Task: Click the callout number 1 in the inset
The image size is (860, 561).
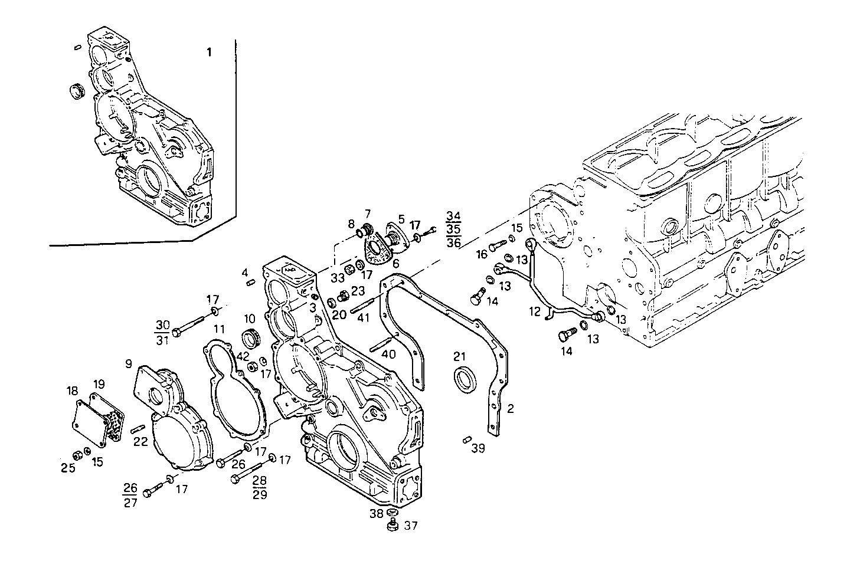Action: [x=208, y=53]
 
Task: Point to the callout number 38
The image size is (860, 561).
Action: [x=377, y=514]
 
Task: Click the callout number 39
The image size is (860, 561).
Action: [x=478, y=448]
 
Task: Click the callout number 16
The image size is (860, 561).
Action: [x=482, y=254]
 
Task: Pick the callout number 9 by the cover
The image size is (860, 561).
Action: [x=128, y=365]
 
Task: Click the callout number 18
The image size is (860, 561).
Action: [x=72, y=391]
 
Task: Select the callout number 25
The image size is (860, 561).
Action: [x=69, y=468]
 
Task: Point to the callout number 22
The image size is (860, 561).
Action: [x=140, y=442]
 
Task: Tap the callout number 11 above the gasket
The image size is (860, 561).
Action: [x=219, y=329]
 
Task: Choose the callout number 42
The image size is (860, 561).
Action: [x=242, y=356]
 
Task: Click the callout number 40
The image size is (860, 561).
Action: [x=388, y=354]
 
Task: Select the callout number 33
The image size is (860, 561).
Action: [x=337, y=278]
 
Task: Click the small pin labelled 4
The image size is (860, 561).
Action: [x=250, y=282]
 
